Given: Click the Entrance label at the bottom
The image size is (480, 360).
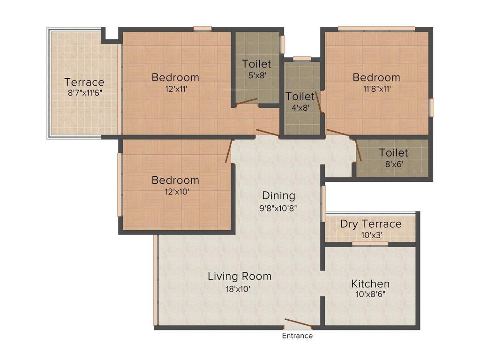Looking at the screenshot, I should [297, 336].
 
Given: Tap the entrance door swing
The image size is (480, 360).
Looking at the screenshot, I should [298, 323].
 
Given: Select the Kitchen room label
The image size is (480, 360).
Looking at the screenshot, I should [370, 284].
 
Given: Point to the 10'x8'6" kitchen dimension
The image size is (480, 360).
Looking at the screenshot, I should [370, 295].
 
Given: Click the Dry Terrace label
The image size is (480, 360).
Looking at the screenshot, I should [371, 224].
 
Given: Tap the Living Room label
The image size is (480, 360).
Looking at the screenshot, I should [240, 276].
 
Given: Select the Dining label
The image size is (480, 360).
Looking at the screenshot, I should [278, 195].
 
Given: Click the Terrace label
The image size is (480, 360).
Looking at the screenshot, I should [84, 82].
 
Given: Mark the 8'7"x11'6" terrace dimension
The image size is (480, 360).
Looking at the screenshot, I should [85, 93].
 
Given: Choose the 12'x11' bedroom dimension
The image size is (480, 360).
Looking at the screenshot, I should [175, 89].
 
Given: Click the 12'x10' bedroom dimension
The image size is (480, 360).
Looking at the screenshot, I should [175, 191].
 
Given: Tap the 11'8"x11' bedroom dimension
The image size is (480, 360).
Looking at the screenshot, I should [376, 89].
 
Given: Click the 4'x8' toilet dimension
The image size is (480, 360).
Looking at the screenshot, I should [300, 107].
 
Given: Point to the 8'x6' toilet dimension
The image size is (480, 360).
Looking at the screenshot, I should [394, 164].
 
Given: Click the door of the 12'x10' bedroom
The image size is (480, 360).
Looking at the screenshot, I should [229, 151].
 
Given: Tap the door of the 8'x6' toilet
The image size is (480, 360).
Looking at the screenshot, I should [358, 150].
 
